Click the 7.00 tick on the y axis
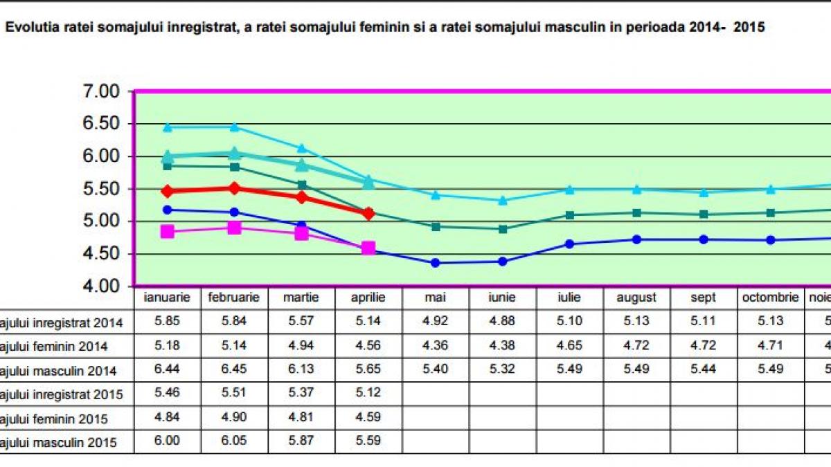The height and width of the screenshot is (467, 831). coord(102,91)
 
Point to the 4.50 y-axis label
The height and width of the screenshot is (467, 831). coord(102,254)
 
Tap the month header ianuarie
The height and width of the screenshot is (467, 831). coord(166,297)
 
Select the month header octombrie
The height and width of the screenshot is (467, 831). coord(770,297)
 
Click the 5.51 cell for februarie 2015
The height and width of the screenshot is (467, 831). coord(234,394)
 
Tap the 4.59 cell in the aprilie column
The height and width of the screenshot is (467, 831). coord(368,419)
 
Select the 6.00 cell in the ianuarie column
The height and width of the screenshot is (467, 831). coord(166,443)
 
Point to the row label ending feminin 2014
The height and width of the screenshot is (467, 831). coord(62,346)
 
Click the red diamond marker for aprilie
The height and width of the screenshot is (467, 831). coord(368,213)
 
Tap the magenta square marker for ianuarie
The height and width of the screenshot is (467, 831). coord(167,232)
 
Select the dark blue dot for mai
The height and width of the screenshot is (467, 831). coord(435,263)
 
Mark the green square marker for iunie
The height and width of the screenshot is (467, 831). coord(502,229)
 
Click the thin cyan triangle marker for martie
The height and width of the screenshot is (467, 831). coord(301,148)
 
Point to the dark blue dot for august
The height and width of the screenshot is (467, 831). coord(636,239)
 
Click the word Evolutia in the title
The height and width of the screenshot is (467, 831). coord(28,28)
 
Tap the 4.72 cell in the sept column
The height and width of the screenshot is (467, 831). coord(704,346)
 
